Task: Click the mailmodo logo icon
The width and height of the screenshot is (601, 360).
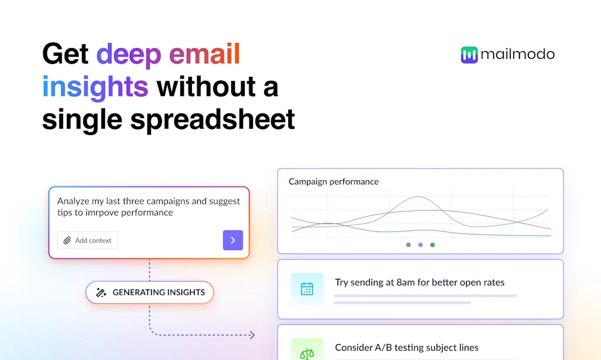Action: pos(470,55)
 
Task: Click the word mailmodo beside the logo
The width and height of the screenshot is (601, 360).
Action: pos(517,55)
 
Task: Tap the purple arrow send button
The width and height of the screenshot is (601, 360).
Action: pos(232,240)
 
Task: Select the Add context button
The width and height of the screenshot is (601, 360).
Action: pos(87,240)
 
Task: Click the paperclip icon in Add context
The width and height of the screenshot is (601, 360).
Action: pos(67,240)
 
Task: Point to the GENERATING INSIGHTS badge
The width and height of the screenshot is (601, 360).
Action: pos(150,292)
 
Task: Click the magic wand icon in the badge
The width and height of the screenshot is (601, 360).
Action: pos(101,292)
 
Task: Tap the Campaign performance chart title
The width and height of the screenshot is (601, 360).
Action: pos(333,181)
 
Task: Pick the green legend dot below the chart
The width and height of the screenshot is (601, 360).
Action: pos(433,245)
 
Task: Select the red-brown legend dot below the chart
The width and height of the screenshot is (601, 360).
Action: pos(408,245)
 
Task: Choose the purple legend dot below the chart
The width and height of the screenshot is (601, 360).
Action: pos(420,245)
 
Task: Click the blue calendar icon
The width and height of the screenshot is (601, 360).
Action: pos(307,289)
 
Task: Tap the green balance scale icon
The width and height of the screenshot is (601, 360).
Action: pos(307,354)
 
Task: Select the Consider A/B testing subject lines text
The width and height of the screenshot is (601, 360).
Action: pos(406,348)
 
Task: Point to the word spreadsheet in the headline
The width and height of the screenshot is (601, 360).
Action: pos(212,119)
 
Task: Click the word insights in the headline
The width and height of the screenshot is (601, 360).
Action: pos(95,87)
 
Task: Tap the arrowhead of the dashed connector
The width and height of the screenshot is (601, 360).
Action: pos(252,335)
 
